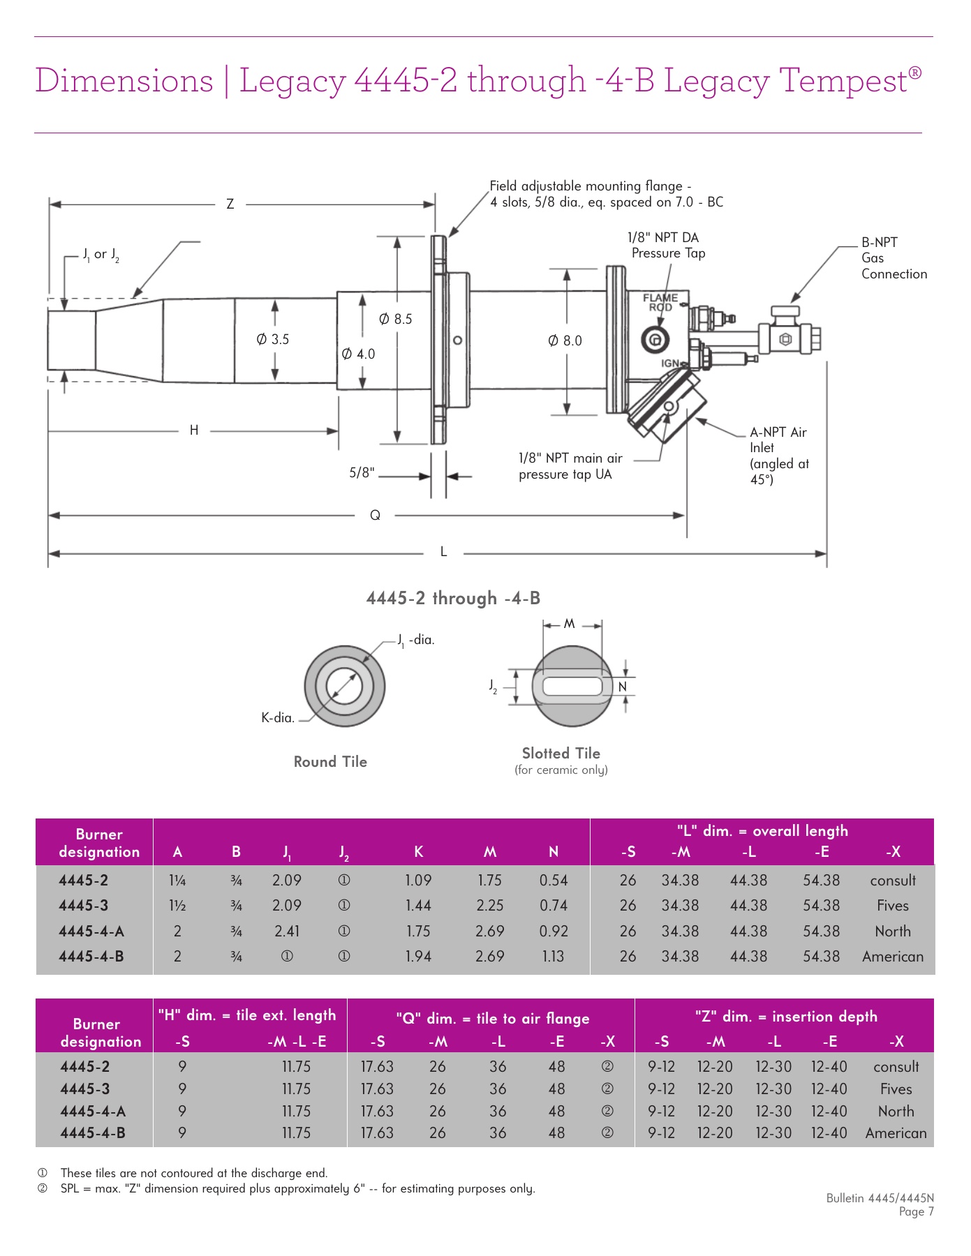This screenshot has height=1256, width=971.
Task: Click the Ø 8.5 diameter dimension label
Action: [395, 319]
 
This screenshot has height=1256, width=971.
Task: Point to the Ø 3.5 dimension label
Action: [272, 339]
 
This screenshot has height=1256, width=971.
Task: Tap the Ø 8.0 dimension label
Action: [565, 341]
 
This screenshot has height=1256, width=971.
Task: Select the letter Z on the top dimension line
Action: [230, 204]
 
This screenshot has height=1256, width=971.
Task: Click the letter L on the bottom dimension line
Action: [443, 552]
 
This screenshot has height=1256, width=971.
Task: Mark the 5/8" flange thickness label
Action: [362, 473]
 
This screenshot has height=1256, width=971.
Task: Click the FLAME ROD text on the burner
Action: [660, 302]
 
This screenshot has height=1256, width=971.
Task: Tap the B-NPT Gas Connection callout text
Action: [893, 258]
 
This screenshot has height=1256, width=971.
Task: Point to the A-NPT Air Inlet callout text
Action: [778, 455]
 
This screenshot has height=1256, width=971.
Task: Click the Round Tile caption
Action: [330, 761]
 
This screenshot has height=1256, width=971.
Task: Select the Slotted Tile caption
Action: [561, 753]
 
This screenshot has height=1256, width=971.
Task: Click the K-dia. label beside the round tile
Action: [278, 717]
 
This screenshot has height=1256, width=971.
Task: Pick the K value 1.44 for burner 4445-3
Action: [418, 906]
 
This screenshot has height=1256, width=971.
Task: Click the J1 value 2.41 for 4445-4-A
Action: [287, 931]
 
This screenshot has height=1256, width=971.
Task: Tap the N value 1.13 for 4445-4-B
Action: [553, 956]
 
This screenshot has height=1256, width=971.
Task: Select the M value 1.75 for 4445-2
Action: [489, 881]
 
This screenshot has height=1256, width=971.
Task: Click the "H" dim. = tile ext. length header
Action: [247, 1015]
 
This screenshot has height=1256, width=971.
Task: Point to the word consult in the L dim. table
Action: [892, 881]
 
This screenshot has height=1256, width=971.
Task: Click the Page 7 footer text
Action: [916, 1211]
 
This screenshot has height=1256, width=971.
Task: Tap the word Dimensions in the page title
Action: [124, 80]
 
